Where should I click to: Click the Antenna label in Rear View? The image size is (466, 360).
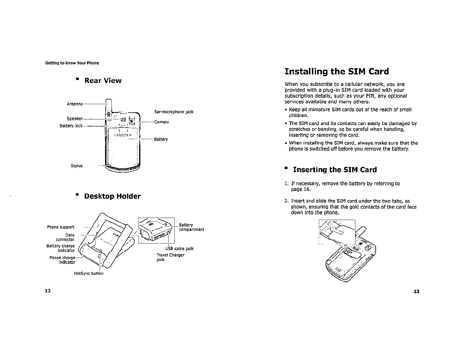[x=75, y=104]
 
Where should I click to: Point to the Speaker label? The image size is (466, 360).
[x=75, y=119]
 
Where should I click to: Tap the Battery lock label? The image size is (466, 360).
[x=71, y=126]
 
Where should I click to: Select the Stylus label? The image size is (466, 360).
[x=77, y=166]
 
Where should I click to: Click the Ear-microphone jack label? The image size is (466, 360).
[x=174, y=112]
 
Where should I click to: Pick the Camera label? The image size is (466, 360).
[x=162, y=122]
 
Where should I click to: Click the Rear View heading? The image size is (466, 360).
[x=103, y=81]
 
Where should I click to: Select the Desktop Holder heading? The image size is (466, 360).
[x=112, y=196]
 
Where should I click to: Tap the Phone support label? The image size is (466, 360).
[x=61, y=227]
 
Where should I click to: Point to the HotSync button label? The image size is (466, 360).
[x=89, y=273]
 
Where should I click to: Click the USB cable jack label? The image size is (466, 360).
[x=179, y=249]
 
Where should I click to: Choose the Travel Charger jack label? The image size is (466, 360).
[x=170, y=257]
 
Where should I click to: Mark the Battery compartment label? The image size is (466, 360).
[x=191, y=227]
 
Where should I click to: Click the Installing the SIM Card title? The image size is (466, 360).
[x=337, y=71]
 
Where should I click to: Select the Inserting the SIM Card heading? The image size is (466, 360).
[x=335, y=170]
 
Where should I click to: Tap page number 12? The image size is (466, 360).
[x=48, y=291]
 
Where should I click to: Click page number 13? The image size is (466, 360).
[x=416, y=291]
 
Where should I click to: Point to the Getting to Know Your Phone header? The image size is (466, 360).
[x=72, y=63]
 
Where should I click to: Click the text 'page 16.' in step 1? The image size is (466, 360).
[x=301, y=189]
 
